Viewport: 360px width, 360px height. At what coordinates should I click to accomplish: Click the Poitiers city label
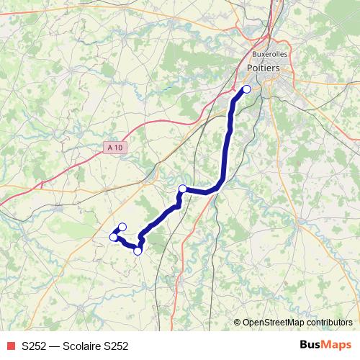click(x=263, y=68)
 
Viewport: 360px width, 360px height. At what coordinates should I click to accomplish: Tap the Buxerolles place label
click(x=269, y=54)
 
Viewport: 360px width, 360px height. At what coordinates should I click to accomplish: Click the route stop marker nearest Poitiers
click(x=246, y=89)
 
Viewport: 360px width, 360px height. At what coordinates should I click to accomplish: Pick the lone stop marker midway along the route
click(x=182, y=189)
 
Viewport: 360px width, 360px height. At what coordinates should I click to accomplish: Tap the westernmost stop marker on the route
click(x=113, y=237)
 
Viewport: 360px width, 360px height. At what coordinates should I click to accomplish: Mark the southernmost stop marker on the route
click(x=138, y=251)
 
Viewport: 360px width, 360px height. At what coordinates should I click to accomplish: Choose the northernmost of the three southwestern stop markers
click(x=122, y=227)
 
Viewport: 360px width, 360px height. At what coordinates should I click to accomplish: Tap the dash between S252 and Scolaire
click(x=55, y=346)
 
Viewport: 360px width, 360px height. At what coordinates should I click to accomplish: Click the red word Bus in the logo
click(x=310, y=346)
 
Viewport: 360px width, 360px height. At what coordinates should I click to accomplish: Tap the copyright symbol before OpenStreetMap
click(x=238, y=323)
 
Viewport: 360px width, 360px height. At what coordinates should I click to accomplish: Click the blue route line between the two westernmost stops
click(x=117, y=232)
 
